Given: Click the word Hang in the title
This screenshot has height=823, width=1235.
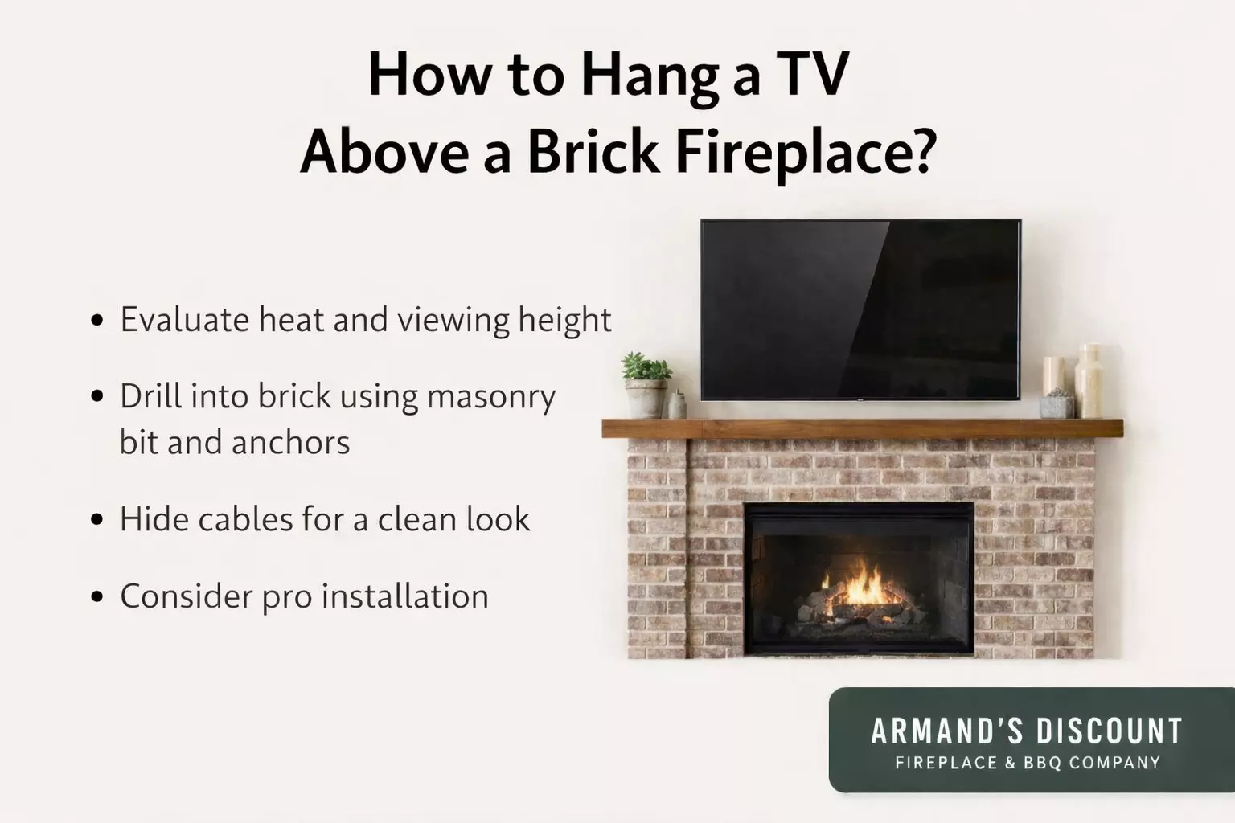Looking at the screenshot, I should (650, 76).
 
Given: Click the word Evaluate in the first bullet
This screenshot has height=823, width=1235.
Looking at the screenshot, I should (184, 320).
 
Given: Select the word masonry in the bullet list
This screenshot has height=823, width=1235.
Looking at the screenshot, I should (490, 397).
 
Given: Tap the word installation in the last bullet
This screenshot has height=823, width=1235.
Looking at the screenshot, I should (404, 596).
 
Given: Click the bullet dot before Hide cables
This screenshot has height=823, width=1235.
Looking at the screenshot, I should (98, 519).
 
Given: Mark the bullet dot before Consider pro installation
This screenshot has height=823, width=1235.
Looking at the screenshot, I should (98, 596).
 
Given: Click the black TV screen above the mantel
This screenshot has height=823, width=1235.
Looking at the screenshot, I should (860, 309).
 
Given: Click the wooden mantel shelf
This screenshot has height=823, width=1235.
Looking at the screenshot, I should (862, 428).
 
